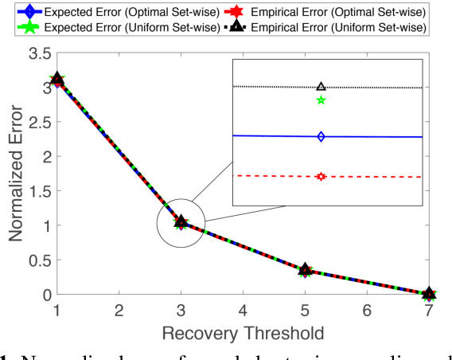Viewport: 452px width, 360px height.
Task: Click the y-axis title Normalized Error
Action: click(x=17, y=173)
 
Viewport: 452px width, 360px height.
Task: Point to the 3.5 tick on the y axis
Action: click(x=37, y=53)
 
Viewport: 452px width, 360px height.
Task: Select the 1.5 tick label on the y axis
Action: click(x=37, y=191)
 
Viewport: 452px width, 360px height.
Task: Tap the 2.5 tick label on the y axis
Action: click(x=37, y=122)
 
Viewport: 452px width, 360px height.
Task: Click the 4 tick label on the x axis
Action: click(x=243, y=308)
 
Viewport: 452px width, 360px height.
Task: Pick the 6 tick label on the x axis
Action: click(x=367, y=308)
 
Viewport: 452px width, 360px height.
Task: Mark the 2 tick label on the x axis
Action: click(x=119, y=308)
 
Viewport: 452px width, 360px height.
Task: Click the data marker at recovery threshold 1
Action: click(x=56, y=80)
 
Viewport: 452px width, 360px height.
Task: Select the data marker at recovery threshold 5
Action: click(x=305, y=271)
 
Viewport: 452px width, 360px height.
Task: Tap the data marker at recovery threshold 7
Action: click(x=429, y=295)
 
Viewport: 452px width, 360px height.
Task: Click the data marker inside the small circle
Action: click(x=181, y=222)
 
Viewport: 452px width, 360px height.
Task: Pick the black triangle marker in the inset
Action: click(x=321, y=87)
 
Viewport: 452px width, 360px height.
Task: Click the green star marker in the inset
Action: click(x=321, y=100)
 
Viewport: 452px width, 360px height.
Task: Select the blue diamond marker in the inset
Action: click(x=321, y=137)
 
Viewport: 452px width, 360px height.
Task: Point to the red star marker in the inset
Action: click(x=321, y=177)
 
